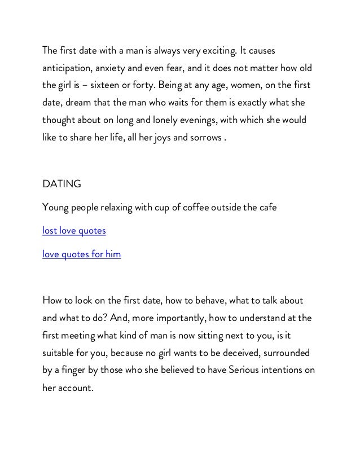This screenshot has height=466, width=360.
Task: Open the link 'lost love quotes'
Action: coord(74,231)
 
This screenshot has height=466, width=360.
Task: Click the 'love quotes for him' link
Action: coord(81,254)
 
